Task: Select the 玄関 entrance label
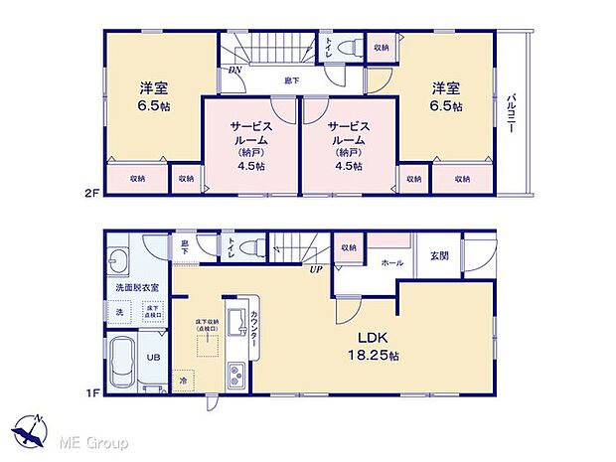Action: point(439,254)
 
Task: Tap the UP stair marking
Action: point(316,269)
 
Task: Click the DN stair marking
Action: point(234,71)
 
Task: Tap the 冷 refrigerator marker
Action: point(184,379)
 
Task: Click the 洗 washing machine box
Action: point(119,313)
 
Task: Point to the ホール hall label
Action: point(390,262)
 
